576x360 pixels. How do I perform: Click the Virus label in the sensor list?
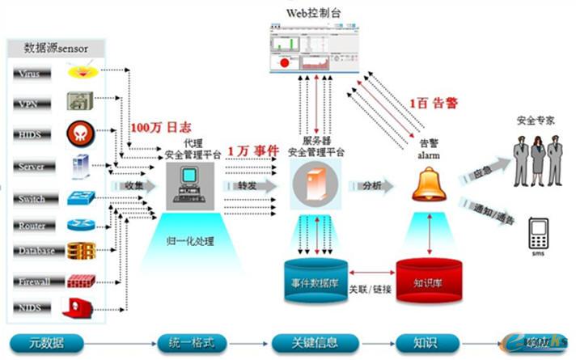(x=30, y=74)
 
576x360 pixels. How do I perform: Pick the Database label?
(x=36, y=251)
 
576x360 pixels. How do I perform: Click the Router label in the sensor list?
(x=32, y=226)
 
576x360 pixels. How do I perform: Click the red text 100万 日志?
(x=162, y=127)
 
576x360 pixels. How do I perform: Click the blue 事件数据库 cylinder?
(x=315, y=280)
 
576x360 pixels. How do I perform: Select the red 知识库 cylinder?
(x=428, y=282)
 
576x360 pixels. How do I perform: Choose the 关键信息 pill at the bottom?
(x=315, y=340)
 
